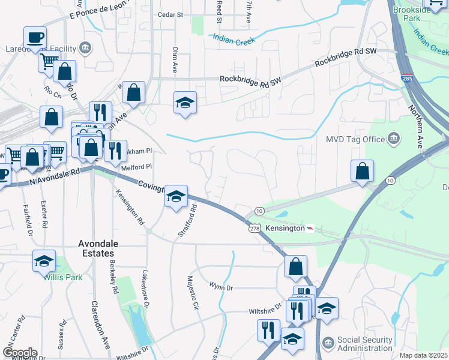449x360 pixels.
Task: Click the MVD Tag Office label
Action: (x=355, y=139)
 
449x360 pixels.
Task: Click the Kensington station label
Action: (x=285, y=229)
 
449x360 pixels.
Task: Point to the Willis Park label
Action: (x=58, y=277)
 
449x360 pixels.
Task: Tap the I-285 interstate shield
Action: (x=406, y=79)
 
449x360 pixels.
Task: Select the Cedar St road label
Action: (x=169, y=14)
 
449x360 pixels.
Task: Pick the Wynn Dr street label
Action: (x=220, y=288)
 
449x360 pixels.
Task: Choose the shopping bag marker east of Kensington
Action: (x=363, y=171)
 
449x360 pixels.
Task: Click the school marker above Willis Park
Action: (x=44, y=261)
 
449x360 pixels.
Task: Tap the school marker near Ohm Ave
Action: (x=185, y=103)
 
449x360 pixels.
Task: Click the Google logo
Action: (x=20, y=353)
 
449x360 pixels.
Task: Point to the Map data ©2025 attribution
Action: (x=423, y=355)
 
